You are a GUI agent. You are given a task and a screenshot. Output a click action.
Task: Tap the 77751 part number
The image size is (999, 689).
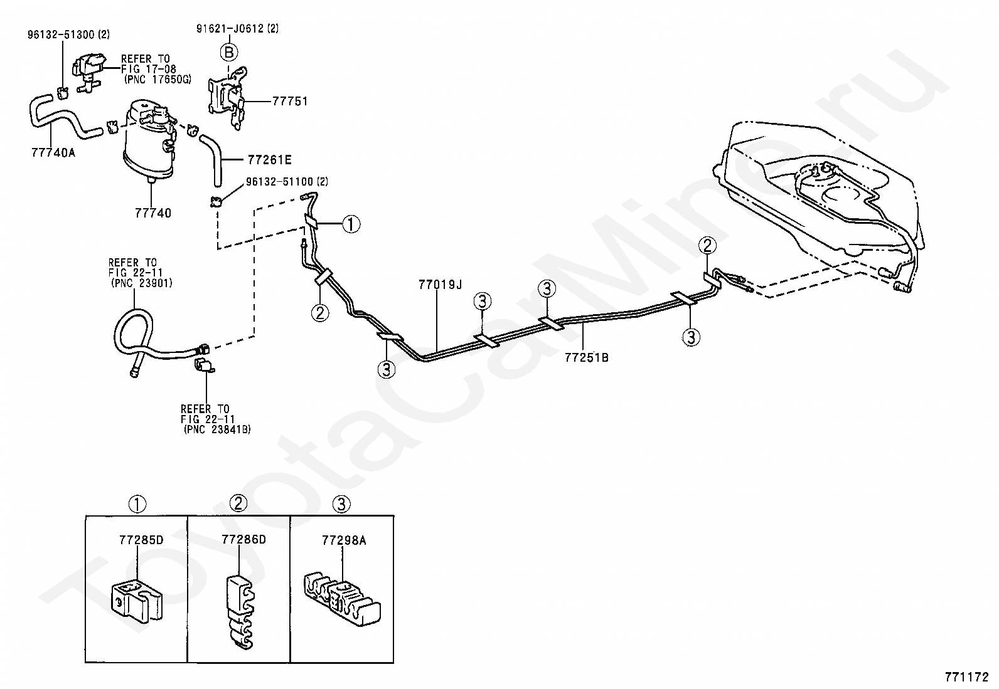coord(289,101)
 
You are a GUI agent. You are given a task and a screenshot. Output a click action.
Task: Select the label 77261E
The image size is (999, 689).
coord(270,160)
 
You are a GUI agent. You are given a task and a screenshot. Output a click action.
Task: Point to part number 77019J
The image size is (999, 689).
coord(440,285)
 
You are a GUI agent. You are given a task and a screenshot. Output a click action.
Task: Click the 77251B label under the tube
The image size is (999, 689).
coord(587,358)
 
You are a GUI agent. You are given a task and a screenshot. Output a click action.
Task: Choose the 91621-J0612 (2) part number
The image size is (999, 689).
coord(237,28)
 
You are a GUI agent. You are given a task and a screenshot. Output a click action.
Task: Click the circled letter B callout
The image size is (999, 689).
coord(228,52)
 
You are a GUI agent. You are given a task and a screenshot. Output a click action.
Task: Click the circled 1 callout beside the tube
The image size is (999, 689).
coord(351,224)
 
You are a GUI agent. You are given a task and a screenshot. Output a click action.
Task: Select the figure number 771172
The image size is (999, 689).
coord(967,677)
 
